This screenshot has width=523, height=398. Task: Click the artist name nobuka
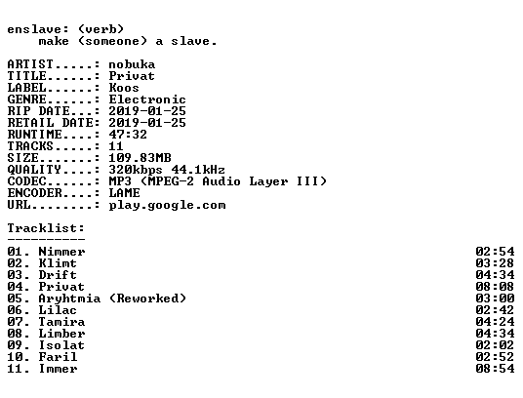click(132, 64)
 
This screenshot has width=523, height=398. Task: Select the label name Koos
click(124, 88)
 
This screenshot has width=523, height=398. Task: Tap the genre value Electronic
click(147, 99)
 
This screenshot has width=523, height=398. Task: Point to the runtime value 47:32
click(128, 135)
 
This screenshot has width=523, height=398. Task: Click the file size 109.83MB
click(140, 158)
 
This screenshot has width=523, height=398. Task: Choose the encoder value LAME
click(124, 193)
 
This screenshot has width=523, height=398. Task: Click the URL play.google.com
click(167, 205)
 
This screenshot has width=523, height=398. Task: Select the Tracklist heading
click(46, 228)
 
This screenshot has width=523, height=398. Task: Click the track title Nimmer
click(61, 252)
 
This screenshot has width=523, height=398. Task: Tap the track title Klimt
click(58, 263)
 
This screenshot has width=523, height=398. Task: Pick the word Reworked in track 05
click(147, 298)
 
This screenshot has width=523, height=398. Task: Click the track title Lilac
click(58, 310)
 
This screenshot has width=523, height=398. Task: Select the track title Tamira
click(61, 322)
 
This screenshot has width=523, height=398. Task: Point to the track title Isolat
click(61, 345)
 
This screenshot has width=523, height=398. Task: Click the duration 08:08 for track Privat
click(495, 287)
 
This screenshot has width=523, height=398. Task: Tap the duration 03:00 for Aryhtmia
click(495, 298)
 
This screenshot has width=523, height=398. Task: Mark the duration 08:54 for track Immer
click(495, 369)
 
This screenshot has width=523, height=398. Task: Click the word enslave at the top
click(34, 29)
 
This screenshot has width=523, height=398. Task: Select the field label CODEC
click(26, 181)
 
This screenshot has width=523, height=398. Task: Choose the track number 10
click(15, 357)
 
